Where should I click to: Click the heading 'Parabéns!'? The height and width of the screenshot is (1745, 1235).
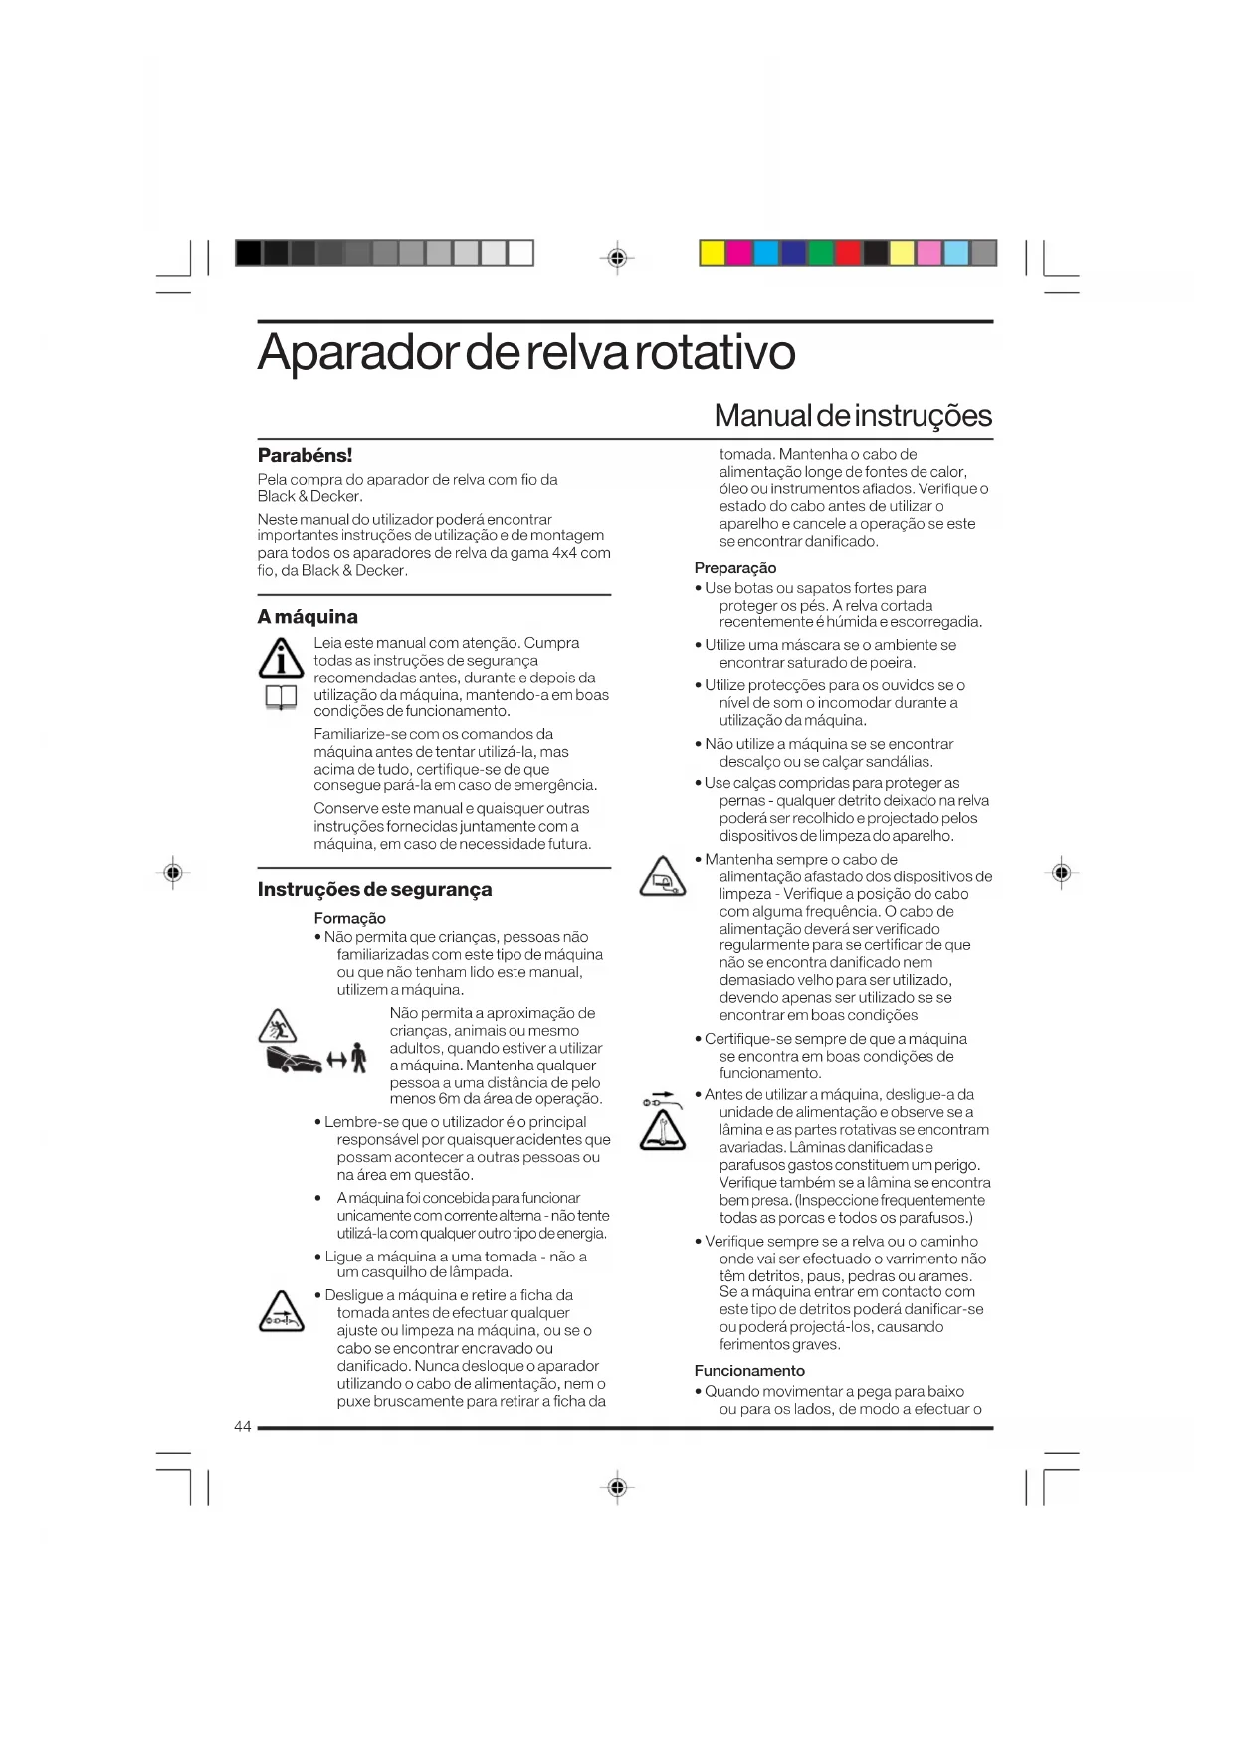pyautogui.click(x=305, y=456)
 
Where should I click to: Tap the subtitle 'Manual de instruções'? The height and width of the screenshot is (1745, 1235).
pyautogui.click(x=853, y=415)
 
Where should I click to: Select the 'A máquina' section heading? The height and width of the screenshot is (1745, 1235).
pyautogui.click(x=308, y=617)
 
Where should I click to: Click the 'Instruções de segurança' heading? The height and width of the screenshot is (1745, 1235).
pyautogui.click(x=374, y=890)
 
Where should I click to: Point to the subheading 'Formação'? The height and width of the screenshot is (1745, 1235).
pyautogui.click(x=349, y=918)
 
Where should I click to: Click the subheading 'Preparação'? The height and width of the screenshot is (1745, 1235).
pyautogui.click(x=735, y=568)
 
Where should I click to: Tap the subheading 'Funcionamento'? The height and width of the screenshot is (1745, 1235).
pyautogui.click(x=749, y=1371)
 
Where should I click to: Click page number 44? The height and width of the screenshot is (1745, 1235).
pyautogui.click(x=243, y=1427)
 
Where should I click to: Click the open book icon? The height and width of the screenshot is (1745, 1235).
pyautogui.click(x=281, y=698)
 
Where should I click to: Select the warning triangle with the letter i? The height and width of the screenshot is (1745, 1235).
pyautogui.click(x=281, y=658)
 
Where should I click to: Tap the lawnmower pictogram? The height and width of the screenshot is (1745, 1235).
pyautogui.click(x=294, y=1061)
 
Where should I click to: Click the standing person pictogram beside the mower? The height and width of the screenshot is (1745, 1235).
pyautogui.click(x=358, y=1059)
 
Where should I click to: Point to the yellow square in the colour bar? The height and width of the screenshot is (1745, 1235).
pyautogui.click(x=713, y=253)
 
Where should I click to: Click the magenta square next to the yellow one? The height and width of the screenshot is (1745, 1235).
pyautogui.click(x=739, y=253)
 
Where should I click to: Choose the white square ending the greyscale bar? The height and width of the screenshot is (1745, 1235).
pyautogui.click(x=520, y=253)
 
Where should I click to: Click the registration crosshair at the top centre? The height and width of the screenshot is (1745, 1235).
pyautogui.click(x=617, y=258)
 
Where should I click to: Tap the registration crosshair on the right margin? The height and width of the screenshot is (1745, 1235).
pyautogui.click(x=1061, y=873)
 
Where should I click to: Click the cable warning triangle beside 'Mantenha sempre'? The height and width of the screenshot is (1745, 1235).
pyautogui.click(x=662, y=876)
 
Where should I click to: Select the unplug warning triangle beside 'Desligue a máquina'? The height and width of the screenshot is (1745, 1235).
pyautogui.click(x=281, y=1313)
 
